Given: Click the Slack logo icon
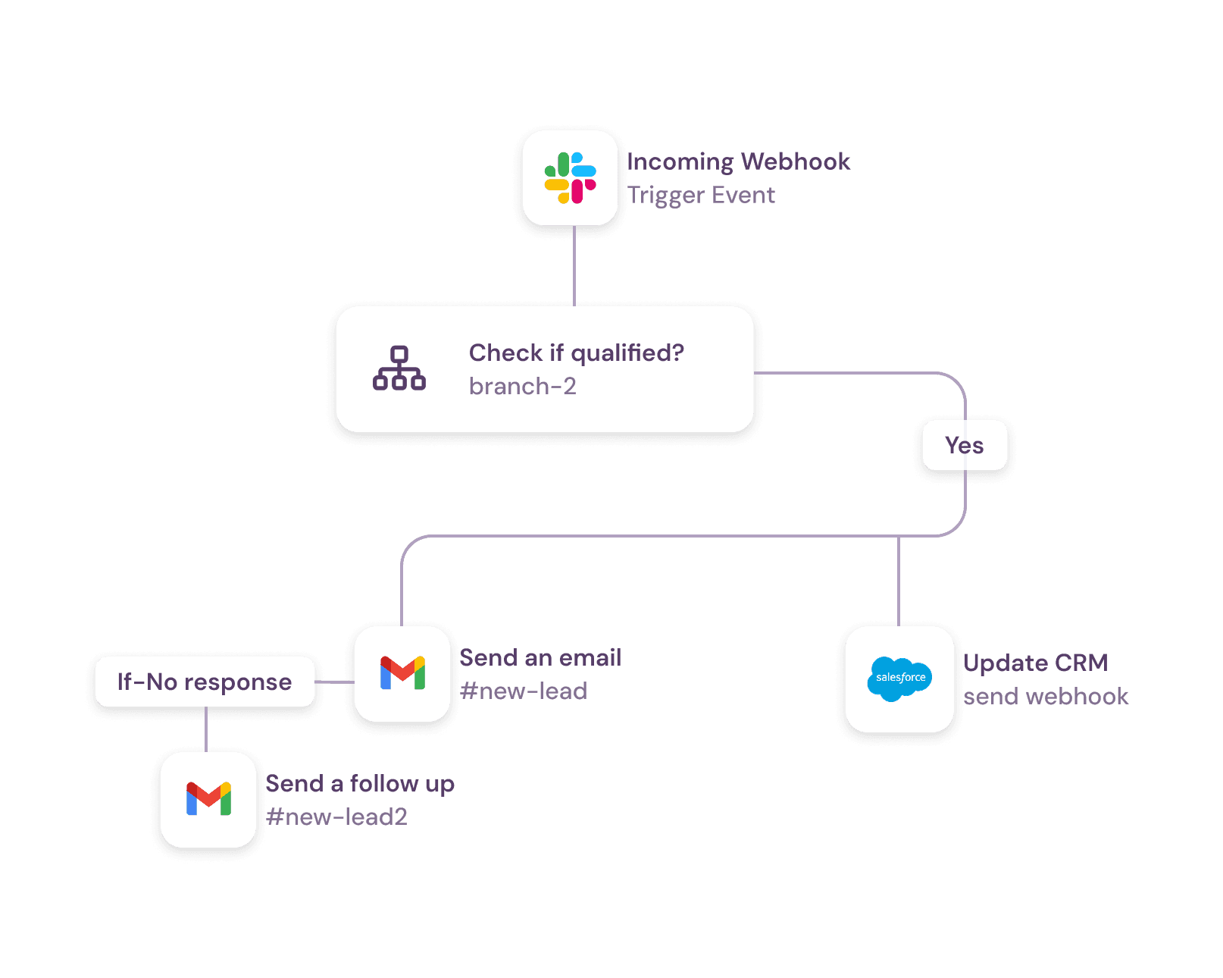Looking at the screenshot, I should click(570, 178).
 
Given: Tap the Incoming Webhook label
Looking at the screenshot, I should click(738, 161).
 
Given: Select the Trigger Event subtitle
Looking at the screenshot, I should click(701, 196).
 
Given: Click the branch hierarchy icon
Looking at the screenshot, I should click(399, 368).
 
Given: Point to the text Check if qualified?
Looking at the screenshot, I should click(576, 353).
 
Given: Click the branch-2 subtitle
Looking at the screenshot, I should click(522, 387).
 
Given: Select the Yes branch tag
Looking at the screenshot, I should click(964, 445).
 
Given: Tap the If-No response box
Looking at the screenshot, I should click(205, 682).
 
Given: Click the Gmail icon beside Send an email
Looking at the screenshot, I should click(402, 673).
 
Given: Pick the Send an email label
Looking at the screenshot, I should click(540, 657).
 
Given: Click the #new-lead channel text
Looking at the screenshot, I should click(523, 691).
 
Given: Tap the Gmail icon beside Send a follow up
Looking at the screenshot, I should click(208, 799).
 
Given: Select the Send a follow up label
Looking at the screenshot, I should click(360, 783).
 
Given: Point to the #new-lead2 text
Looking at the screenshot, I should click(336, 817).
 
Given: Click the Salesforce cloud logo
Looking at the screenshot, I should click(899, 679).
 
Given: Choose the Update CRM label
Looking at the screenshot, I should click(1035, 663).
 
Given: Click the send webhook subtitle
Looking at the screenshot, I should click(1046, 697).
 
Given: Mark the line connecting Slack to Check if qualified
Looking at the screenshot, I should click(574, 265).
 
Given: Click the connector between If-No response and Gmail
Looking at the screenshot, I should click(334, 682).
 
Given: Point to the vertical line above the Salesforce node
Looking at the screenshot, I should click(899, 581).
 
